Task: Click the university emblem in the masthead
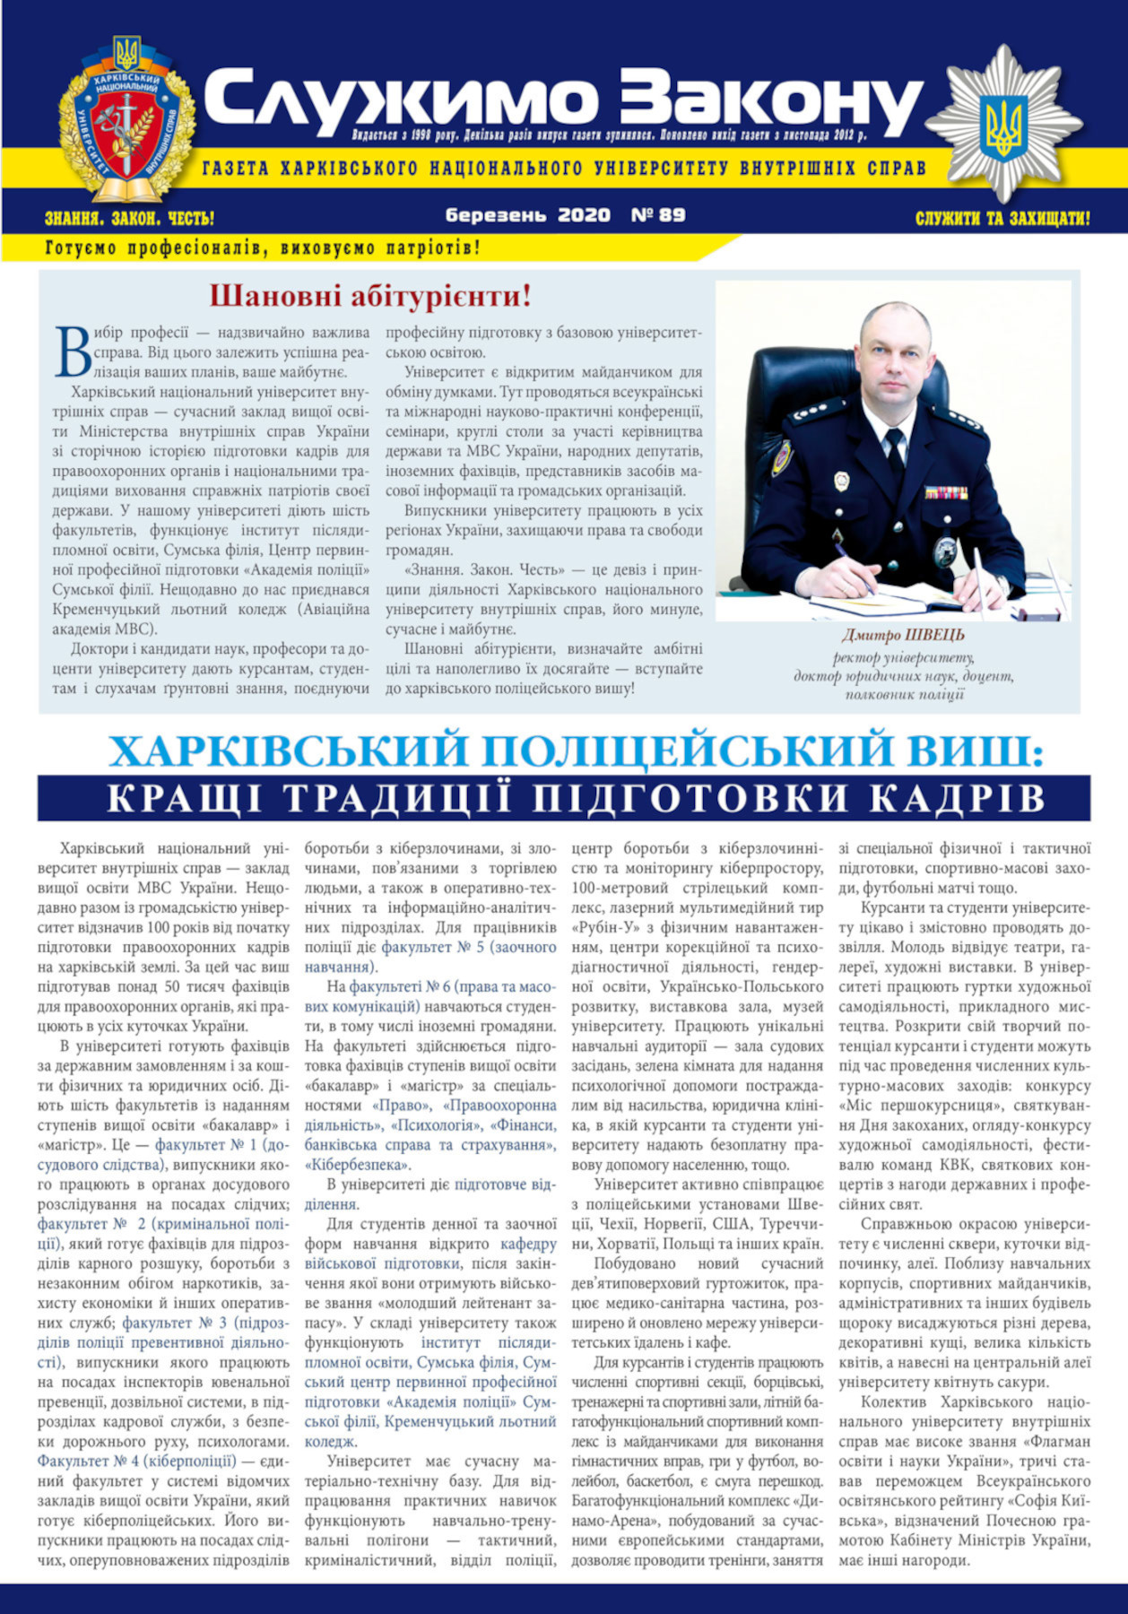126,121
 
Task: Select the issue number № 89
659,215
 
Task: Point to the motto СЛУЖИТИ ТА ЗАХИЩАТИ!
1002,218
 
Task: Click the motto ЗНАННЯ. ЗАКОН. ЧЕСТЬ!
129,218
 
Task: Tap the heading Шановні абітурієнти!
370,295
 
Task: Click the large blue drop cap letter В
74,351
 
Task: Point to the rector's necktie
894,448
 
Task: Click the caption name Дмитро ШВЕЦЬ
903,636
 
